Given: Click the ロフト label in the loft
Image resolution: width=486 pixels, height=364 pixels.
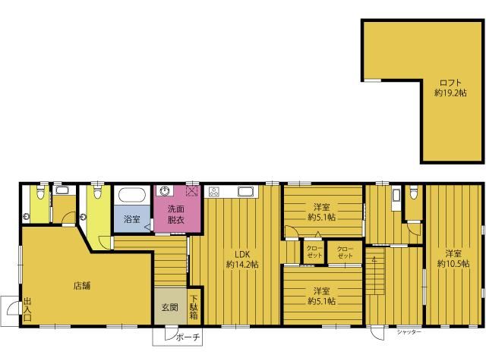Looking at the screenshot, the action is [x=450, y=83].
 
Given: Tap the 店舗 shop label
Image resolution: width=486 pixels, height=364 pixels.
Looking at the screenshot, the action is [x=82, y=285].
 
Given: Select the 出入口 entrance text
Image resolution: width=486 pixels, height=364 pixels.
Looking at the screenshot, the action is [x=27, y=309].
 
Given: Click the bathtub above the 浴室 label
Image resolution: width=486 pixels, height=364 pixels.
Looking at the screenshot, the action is [x=132, y=195].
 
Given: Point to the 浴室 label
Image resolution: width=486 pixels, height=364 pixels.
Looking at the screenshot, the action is [x=131, y=219].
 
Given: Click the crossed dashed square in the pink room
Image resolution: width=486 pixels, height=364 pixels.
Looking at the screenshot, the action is [x=191, y=191].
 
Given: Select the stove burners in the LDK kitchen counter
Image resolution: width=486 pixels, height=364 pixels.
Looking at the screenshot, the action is [x=213, y=192].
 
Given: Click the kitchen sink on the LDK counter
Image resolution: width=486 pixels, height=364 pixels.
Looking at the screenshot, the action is [x=246, y=192].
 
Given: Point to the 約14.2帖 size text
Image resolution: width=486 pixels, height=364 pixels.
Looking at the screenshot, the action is [x=242, y=265].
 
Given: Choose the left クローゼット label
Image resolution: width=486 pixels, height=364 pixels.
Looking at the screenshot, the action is [x=314, y=252].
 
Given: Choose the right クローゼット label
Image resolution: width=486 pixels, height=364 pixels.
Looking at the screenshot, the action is [x=345, y=253].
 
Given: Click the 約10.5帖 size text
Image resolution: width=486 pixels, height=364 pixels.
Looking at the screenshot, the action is [x=453, y=264].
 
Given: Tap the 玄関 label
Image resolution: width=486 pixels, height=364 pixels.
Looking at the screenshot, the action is [x=170, y=307].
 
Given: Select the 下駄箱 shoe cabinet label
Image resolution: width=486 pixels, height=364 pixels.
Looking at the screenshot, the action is [x=194, y=307].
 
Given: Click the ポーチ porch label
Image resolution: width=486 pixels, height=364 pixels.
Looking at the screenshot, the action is [x=188, y=337].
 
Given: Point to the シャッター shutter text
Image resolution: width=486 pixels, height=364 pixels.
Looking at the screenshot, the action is [x=409, y=332].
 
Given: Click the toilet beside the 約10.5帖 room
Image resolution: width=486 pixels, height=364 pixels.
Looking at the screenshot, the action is [x=413, y=193].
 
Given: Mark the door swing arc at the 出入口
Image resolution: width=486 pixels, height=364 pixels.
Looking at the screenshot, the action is [x=11, y=305].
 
